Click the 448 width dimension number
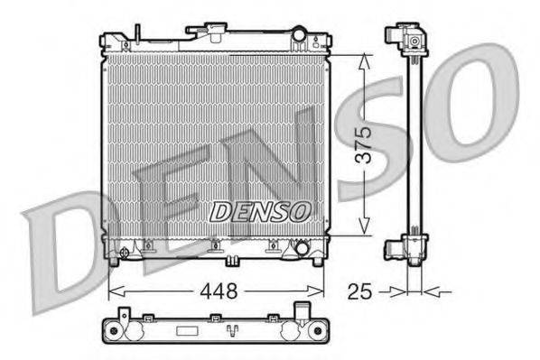[x=220, y=291]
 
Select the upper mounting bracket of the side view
[x=405, y=40]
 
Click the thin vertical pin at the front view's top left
[x=137, y=34]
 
